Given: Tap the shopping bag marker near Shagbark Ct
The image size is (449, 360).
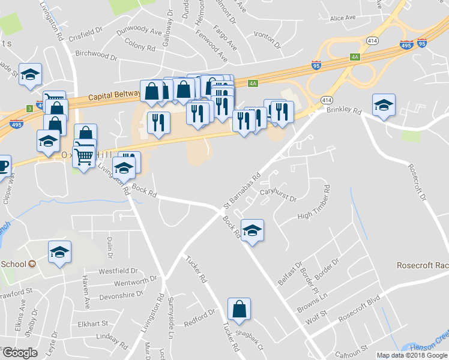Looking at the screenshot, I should [x=239, y=310].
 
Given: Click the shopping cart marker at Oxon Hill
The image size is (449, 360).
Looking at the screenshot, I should [x=85, y=156].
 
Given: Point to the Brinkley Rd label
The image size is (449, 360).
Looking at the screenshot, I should [x=344, y=111].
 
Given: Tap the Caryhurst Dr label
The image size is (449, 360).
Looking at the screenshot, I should [x=279, y=193].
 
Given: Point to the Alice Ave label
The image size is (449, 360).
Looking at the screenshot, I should [x=343, y=18].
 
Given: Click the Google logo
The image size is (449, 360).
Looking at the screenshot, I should [x=20, y=353].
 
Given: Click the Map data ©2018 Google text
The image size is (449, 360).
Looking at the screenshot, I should [x=411, y=355].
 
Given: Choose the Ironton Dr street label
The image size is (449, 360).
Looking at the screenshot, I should [x=267, y=40].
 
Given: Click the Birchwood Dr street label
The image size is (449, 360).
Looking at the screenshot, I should [x=96, y=54].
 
